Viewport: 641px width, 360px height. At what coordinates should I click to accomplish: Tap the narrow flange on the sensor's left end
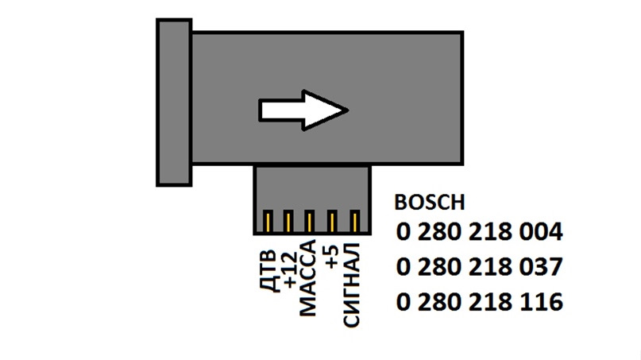tap(173, 103)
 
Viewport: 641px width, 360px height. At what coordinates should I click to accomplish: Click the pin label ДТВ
tap(269, 271)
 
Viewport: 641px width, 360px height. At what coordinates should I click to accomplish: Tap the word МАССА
tap(311, 278)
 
